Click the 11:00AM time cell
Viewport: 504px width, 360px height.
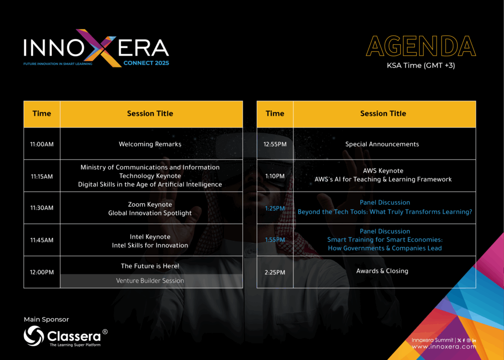[x=42, y=144]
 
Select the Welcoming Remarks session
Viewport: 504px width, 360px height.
[x=150, y=144]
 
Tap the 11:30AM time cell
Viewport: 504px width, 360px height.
[x=42, y=208]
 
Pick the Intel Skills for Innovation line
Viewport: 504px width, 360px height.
[x=150, y=245]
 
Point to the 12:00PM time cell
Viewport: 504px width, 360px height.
[x=42, y=272]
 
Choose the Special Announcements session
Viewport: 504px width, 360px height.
[x=382, y=144]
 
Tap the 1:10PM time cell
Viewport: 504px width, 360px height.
[x=275, y=176]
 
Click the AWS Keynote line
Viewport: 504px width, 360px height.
[x=383, y=170]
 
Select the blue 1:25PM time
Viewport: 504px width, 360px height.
[x=275, y=208]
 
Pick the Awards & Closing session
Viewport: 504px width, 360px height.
[x=382, y=271]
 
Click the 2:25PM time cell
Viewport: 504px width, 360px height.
[x=275, y=272]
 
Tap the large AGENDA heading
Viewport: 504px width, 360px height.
[x=421, y=46]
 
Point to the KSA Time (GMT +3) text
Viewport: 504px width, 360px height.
[x=421, y=65]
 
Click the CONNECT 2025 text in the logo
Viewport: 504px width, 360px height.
[x=146, y=63]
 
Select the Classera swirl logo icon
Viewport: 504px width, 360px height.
[x=34, y=336]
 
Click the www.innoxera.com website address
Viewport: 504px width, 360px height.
[x=444, y=347]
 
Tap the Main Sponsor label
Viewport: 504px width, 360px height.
[x=46, y=320]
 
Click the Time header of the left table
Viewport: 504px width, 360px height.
[x=42, y=114]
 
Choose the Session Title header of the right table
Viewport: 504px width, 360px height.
[x=383, y=114]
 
